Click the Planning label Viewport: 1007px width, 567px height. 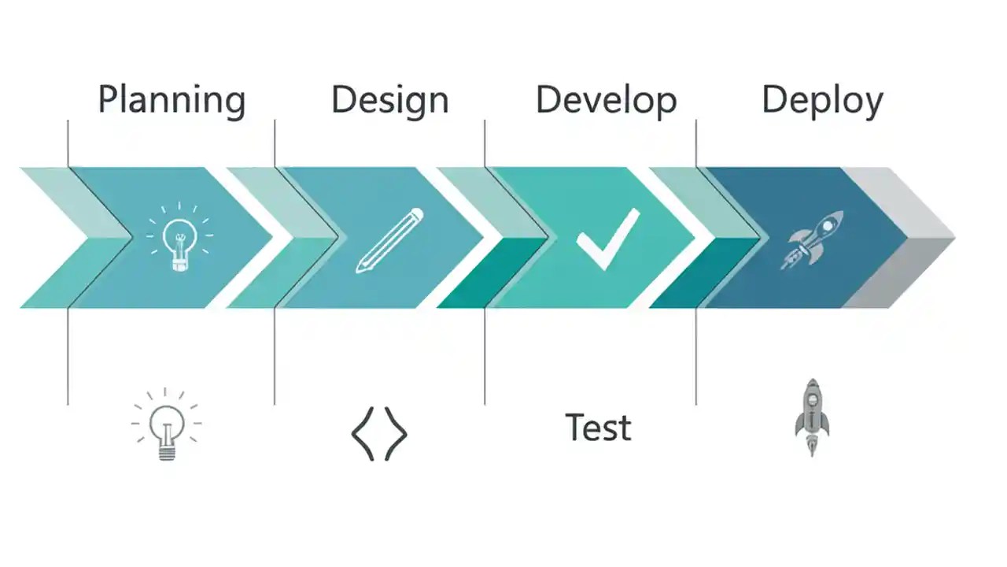click(x=172, y=101)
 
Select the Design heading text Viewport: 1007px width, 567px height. click(x=389, y=101)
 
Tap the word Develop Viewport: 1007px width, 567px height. click(x=606, y=101)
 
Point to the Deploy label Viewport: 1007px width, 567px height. click(x=822, y=101)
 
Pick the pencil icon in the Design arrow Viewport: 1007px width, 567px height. click(x=389, y=240)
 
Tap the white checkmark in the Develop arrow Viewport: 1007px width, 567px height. click(x=607, y=238)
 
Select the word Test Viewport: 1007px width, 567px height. click(x=598, y=428)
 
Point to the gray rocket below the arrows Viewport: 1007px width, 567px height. click(x=812, y=417)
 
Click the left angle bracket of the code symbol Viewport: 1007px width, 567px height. click(x=362, y=433)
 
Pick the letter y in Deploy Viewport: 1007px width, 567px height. click(x=872, y=105)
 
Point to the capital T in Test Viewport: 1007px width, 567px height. click(x=575, y=428)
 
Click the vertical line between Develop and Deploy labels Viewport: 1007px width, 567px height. click(x=696, y=142)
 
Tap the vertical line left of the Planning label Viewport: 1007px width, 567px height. click(x=68, y=142)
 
